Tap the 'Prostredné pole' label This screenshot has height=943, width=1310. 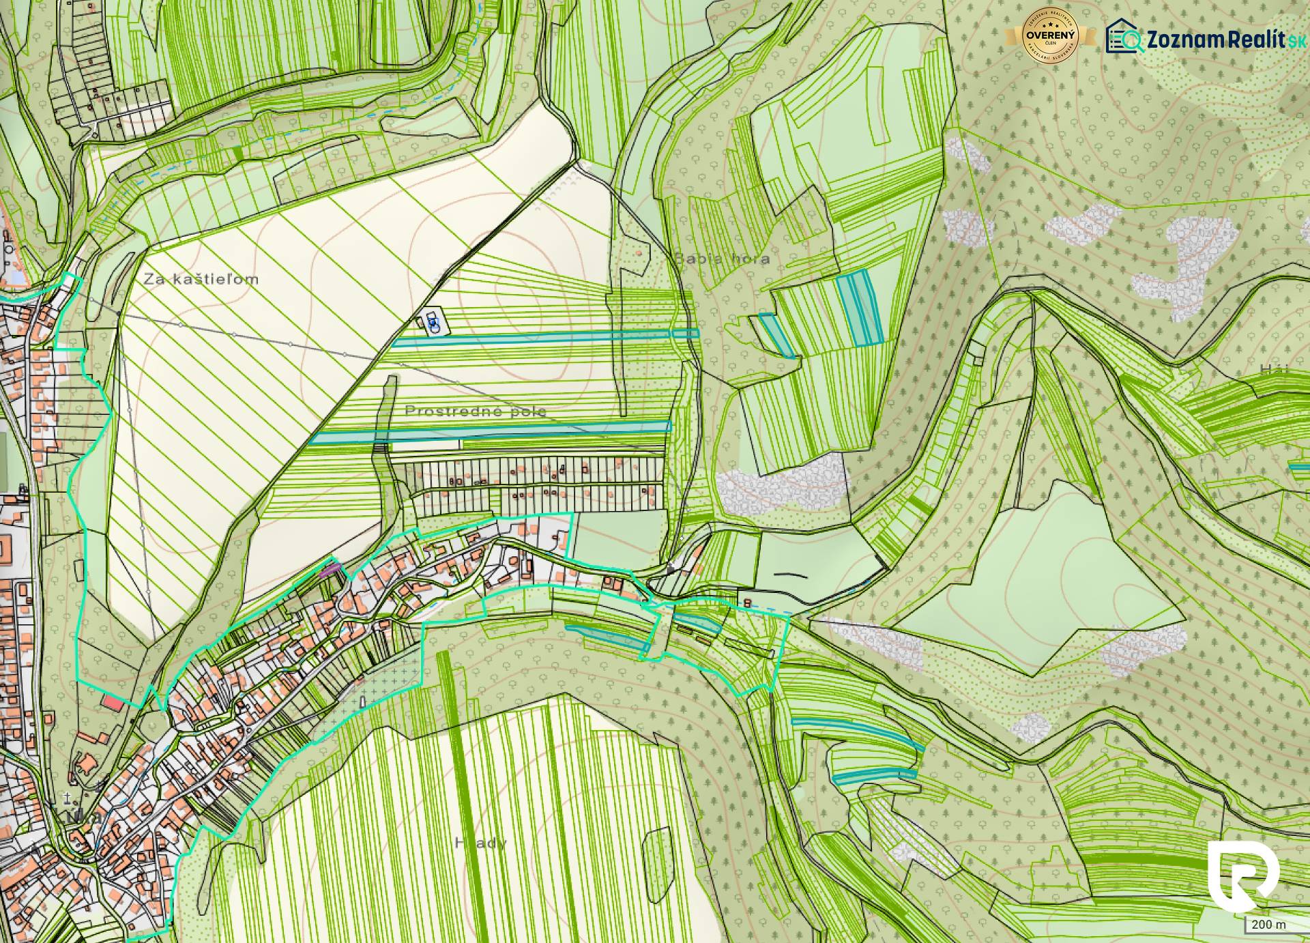click(475, 411)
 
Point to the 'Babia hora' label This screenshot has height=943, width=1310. click(722, 259)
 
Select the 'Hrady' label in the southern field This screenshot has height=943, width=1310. click(480, 843)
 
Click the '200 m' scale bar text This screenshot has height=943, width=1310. click(1270, 925)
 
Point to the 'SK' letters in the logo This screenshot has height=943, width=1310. click(1294, 41)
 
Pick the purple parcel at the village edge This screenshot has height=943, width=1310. click(330, 566)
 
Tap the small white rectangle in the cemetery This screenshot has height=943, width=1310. click(362, 701)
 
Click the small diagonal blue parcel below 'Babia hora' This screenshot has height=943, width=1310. click(777, 334)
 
